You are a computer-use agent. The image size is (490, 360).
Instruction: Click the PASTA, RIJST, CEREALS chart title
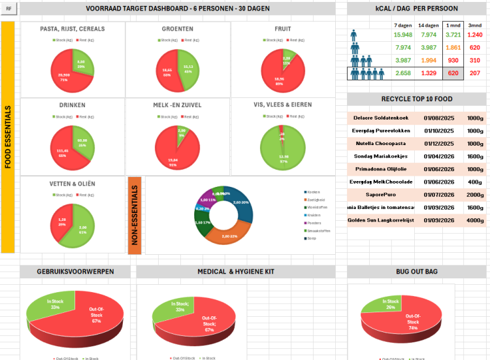click(x=72, y=29)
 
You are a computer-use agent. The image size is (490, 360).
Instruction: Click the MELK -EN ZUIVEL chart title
click(x=177, y=105)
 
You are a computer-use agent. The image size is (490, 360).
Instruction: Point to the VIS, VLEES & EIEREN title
click(x=282, y=105)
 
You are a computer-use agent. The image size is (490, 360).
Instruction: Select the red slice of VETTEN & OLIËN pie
click(x=63, y=222)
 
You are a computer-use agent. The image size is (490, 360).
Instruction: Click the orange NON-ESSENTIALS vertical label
click(x=135, y=215)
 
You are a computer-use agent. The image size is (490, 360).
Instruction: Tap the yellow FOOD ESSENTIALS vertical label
click(x=8, y=137)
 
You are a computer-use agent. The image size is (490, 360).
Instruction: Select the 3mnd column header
click(x=475, y=25)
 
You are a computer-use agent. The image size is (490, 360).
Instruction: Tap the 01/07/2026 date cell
click(x=434, y=195)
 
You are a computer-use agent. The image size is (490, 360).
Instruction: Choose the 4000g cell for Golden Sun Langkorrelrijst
click(x=475, y=220)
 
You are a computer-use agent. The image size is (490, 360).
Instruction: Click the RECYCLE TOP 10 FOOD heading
click(x=417, y=99)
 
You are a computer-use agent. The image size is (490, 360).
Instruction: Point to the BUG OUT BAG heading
click(x=417, y=272)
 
